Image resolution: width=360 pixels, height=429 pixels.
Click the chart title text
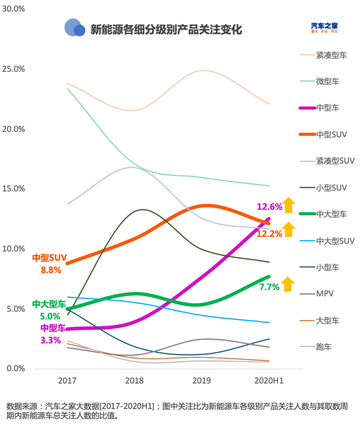(165, 29)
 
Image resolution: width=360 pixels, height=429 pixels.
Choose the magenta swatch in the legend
(306, 108)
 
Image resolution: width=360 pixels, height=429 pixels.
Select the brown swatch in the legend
(306, 320)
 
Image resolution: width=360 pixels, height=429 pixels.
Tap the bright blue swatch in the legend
(306, 240)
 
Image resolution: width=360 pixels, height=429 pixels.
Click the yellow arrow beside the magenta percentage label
(289, 205)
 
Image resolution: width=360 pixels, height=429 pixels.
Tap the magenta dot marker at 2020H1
(268, 219)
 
